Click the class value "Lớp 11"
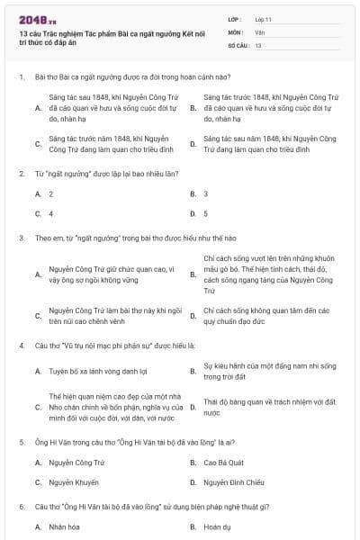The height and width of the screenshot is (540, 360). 264,18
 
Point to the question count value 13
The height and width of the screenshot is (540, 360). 258,44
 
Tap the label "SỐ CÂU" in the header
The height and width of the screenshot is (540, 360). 238,44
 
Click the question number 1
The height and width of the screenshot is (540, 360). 21,78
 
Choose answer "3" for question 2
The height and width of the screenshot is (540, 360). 205,193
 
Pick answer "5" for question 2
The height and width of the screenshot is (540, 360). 205,214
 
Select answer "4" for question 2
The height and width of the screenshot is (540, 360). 51,214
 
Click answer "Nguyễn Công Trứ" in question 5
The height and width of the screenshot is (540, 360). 73,463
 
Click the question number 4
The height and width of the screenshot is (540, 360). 21,344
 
